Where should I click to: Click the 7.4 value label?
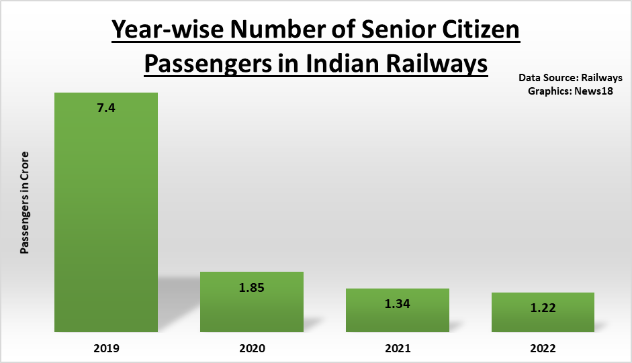(x=106, y=107)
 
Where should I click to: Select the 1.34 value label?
(x=398, y=303)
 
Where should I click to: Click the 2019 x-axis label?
(x=106, y=348)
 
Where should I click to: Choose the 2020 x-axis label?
(x=252, y=348)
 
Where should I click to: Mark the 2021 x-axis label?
(x=398, y=348)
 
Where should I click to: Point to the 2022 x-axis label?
(x=543, y=348)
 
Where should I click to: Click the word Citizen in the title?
(x=482, y=31)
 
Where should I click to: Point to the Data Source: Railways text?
(x=570, y=77)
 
